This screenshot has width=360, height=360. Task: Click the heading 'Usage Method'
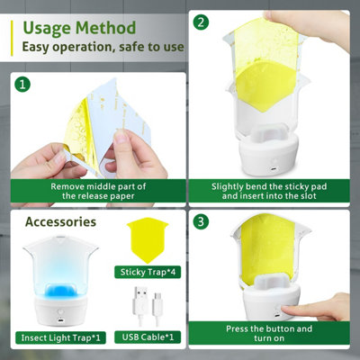click(79, 27)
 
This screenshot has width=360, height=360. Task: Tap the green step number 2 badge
click(202, 22)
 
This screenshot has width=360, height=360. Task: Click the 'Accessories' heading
click(61, 221)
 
